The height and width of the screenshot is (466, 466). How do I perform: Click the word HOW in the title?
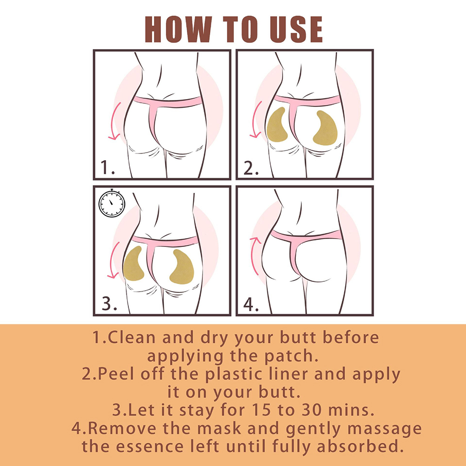tap(178, 29)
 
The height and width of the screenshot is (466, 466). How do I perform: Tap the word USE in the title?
tap(296, 29)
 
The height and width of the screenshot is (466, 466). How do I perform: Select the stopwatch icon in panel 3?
tap(112, 203)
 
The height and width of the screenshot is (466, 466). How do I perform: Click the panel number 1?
tap(107, 167)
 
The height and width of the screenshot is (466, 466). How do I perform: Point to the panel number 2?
tap(251, 168)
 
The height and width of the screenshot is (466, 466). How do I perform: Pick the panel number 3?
tap(109, 304)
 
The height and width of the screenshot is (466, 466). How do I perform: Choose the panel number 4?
tap(251, 304)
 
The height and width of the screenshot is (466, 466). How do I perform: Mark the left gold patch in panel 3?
tap(133, 264)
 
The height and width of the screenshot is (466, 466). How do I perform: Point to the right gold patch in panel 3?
tap(182, 267)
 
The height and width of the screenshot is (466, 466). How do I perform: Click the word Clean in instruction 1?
tap(131, 338)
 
